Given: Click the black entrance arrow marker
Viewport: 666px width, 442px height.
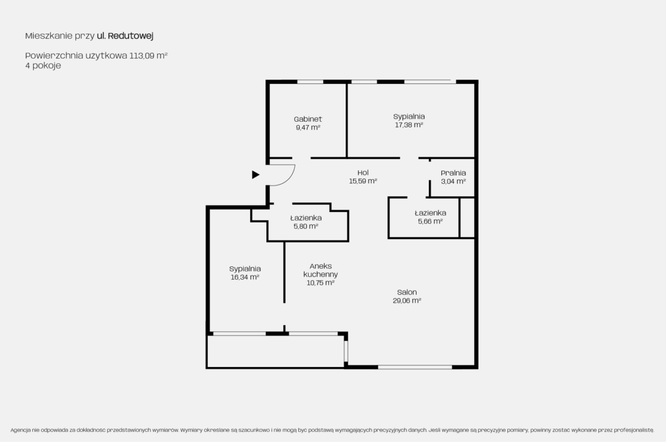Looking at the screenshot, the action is tap(256, 175).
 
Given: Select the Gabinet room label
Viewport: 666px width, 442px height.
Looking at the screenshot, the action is tap(308, 119).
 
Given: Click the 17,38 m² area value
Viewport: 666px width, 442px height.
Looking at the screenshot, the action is tap(409, 125).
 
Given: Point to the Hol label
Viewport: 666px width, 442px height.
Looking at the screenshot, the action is tap(363, 172).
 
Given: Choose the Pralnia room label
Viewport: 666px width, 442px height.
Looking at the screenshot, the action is tap(453, 173).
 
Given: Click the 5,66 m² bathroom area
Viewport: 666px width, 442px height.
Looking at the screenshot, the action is tap(430, 221).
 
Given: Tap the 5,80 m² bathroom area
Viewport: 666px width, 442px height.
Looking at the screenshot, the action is tap(306, 226).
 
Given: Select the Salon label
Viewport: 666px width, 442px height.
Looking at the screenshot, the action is tap(407, 292).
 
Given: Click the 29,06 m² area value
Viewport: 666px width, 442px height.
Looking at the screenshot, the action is tap(407, 301).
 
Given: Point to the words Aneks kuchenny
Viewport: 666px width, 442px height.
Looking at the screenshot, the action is tap(321, 270).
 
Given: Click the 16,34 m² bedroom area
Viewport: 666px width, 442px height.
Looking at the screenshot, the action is tap(245, 277).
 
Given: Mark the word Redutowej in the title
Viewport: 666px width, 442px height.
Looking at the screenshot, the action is tap(130, 36).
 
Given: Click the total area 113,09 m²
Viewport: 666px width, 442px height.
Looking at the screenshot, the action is tap(148, 55).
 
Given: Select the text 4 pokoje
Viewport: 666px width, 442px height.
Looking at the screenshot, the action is tap(43, 66).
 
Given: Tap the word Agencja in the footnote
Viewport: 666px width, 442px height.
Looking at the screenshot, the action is tap(20, 430).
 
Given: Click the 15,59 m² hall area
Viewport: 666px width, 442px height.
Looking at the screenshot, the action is tap(363, 181).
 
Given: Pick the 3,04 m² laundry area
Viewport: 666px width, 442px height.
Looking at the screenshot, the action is tap(453, 182).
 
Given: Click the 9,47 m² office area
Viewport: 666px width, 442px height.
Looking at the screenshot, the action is tap(308, 127).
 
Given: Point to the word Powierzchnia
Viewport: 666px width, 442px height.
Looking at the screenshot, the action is tap(54, 55).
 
